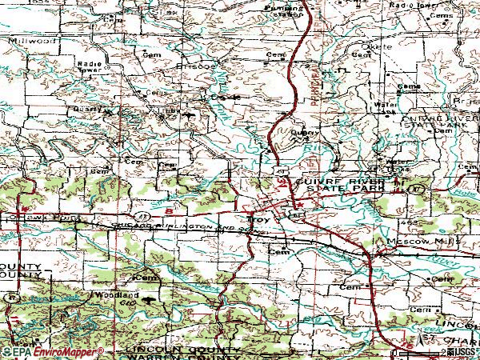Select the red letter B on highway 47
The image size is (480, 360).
169,211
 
